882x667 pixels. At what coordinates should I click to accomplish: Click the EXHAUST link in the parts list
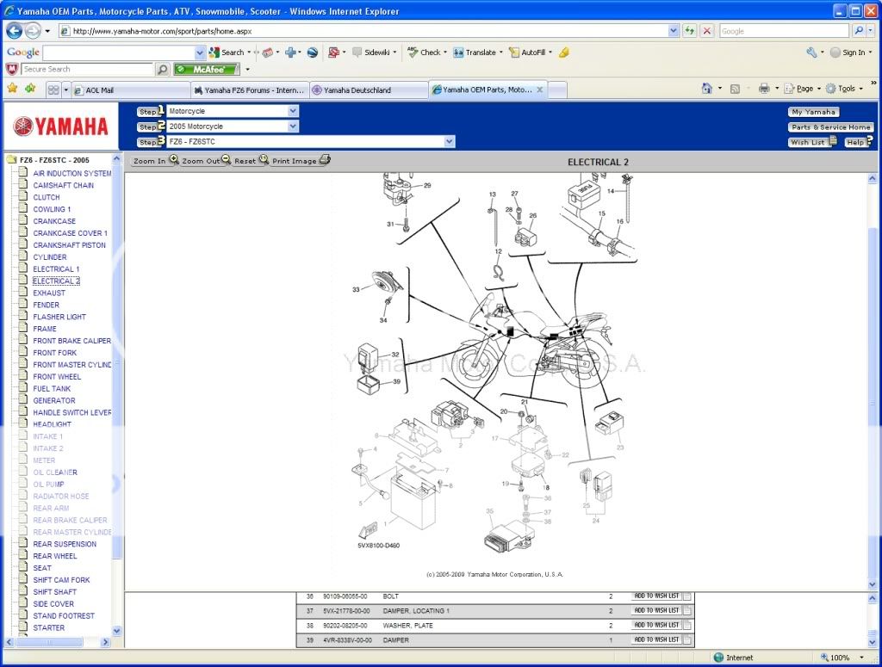(49, 293)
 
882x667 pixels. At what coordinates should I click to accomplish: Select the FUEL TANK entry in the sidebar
(52, 388)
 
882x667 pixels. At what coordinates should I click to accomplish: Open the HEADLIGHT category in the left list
(52, 424)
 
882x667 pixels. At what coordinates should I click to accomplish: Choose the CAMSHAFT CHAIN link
(64, 185)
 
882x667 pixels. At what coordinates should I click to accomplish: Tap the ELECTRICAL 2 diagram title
(598, 162)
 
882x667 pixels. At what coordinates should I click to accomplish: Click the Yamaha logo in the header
(61, 127)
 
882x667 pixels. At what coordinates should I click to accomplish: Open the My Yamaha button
(813, 112)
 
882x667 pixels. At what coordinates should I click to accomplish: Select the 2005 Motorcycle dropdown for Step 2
(233, 127)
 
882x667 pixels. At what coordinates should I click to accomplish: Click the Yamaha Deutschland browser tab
(357, 90)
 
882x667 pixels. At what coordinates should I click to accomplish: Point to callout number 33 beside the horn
(356, 290)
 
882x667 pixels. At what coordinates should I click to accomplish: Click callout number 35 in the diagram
(489, 511)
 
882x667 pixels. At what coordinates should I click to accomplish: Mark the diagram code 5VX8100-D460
(379, 546)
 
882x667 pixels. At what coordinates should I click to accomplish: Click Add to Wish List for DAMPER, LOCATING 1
(656, 610)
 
